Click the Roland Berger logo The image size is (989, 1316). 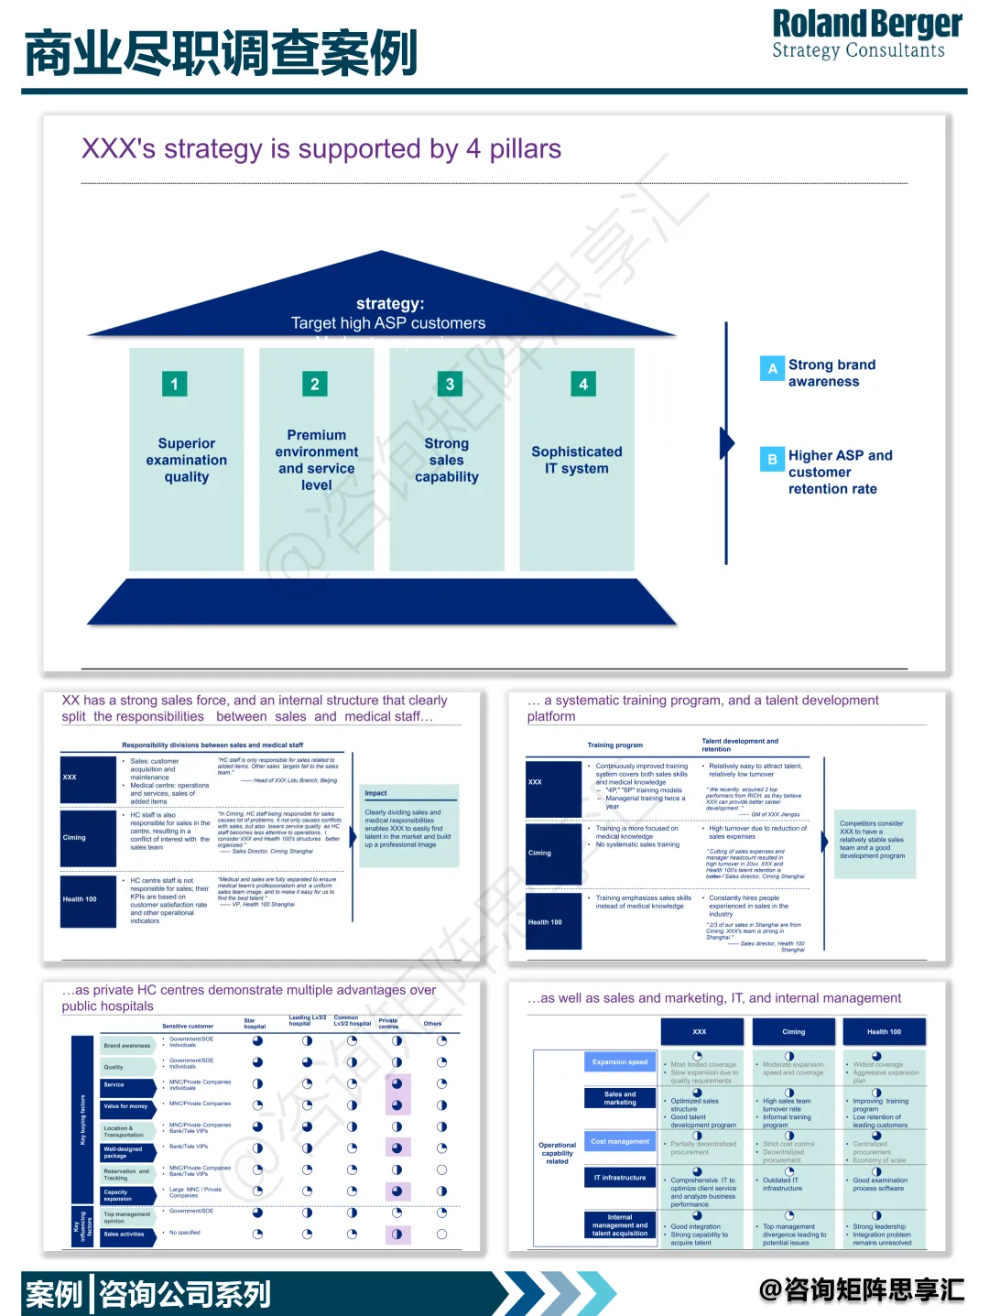pyautogui.click(x=866, y=35)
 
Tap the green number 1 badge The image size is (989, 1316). pyautogui.click(x=174, y=384)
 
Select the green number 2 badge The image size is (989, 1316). pyautogui.click(x=314, y=384)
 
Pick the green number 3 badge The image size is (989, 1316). pyautogui.click(x=450, y=384)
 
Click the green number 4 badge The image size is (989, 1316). pyautogui.click(x=583, y=384)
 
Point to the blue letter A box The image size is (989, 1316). pyautogui.click(x=772, y=368)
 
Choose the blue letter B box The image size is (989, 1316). pyautogui.click(x=772, y=459)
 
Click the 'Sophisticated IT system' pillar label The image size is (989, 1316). pyautogui.click(x=576, y=460)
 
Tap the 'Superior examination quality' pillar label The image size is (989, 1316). pyautogui.click(x=187, y=460)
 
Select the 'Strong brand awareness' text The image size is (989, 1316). pyautogui.click(x=831, y=373)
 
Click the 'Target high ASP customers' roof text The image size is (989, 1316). pyautogui.click(x=388, y=323)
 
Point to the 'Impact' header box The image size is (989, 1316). pyautogui.click(x=409, y=793)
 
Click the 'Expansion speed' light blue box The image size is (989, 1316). pyautogui.click(x=620, y=1062)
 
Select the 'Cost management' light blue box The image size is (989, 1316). pyautogui.click(x=620, y=1142)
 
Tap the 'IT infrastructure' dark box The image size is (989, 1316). pyautogui.click(x=620, y=1178)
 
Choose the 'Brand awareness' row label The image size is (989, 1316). pyautogui.click(x=127, y=1045)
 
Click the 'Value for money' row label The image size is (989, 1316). pyautogui.click(x=126, y=1106)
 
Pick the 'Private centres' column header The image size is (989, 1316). pyautogui.click(x=388, y=1023)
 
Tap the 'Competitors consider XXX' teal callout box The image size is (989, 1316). pyautogui.click(x=872, y=841)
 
